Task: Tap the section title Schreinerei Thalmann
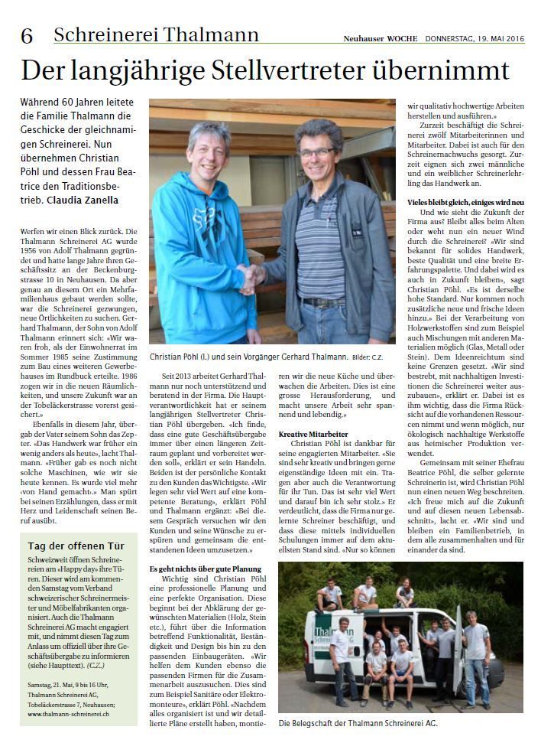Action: (156, 34)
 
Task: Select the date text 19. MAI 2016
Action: (495, 37)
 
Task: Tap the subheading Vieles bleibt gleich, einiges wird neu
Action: (465, 201)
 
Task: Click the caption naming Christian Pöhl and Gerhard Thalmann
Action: (249, 357)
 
